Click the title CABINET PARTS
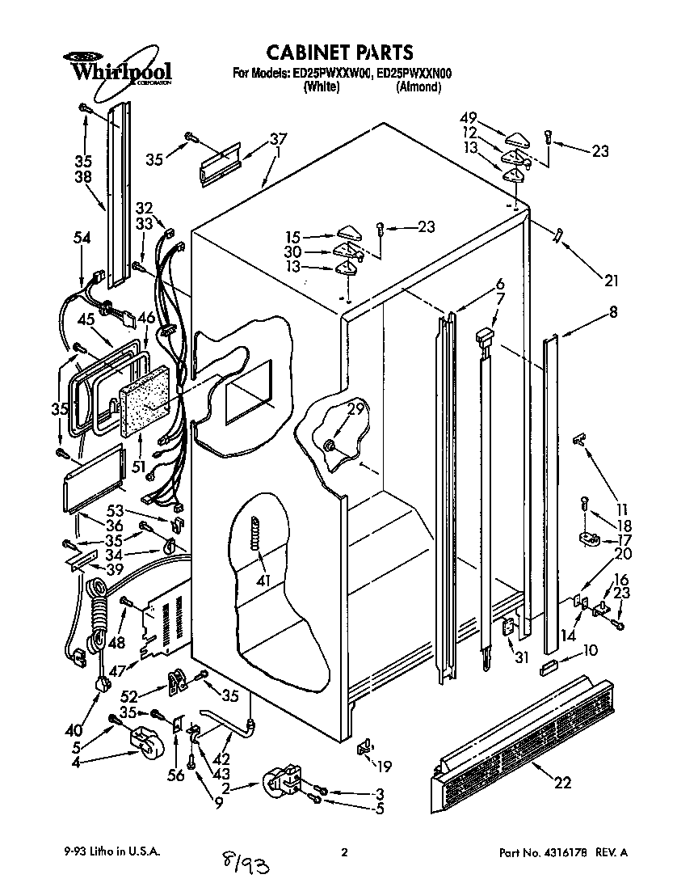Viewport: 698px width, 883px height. pyautogui.click(x=341, y=53)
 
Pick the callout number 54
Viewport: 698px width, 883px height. pyautogui.click(x=82, y=238)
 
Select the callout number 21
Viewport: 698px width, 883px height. pyautogui.click(x=610, y=281)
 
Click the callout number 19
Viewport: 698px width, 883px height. pyautogui.click(x=385, y=766)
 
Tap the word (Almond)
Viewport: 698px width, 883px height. pyautogui.click(x=418, y=87)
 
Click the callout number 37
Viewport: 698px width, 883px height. pyautogui.click(x=278, y=137)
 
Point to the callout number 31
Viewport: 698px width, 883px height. pyautogui.click(x=522, y=657)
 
